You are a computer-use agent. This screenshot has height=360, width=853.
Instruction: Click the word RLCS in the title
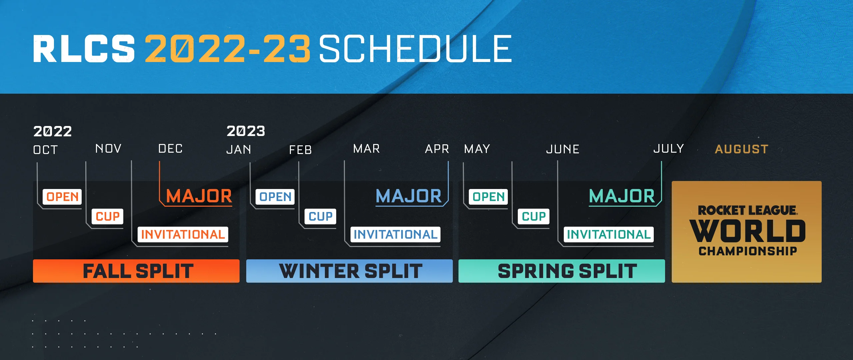click(x=84, y=49)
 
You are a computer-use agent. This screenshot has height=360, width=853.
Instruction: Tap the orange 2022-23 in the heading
click(x=228, y=49)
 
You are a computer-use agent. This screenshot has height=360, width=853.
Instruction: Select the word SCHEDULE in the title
click(x=416, y=49)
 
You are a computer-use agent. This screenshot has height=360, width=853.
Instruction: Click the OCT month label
click(x=46, y=150)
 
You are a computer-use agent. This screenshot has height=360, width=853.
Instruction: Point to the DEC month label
click(x=170, y=149)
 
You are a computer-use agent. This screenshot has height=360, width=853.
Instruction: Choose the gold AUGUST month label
click(x=742, y=149)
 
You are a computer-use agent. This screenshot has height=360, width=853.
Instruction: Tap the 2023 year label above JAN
click(x=246, y=131)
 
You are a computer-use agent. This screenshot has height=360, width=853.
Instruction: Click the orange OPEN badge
click(x=62, y=197)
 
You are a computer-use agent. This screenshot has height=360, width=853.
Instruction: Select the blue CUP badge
click(x=321, y=216)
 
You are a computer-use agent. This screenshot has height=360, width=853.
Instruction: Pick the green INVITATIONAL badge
click(x=609, y=234)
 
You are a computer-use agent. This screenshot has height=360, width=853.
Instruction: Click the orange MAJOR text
click(x=199, y=196)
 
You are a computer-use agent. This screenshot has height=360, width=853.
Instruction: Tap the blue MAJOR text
click(x=409, y=196)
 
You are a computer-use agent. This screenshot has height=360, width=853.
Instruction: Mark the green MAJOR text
click(x=622, y=196)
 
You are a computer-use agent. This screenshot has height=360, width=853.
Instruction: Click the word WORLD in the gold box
click(x=747, y=231)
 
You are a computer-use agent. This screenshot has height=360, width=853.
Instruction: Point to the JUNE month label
click(x=563, y=149)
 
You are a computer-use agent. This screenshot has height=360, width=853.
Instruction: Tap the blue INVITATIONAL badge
click(x=396, y=234)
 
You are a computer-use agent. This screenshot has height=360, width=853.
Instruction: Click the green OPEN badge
click(x=488, y=197)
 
